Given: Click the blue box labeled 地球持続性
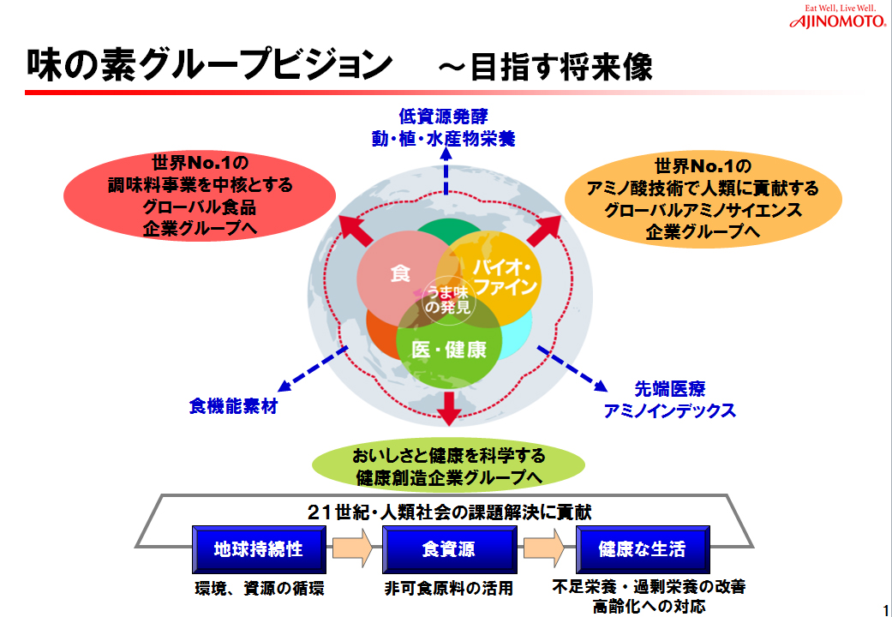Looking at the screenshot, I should tap(259, 548).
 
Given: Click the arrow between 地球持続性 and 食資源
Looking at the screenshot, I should tap(352, 548).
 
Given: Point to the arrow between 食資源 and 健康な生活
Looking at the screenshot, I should tap(544, 548).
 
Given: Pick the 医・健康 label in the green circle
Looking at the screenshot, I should tap(448, 350).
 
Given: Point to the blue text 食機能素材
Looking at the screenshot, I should tap(232, 406).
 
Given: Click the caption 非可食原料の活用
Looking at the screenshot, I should tap(448, 589).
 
